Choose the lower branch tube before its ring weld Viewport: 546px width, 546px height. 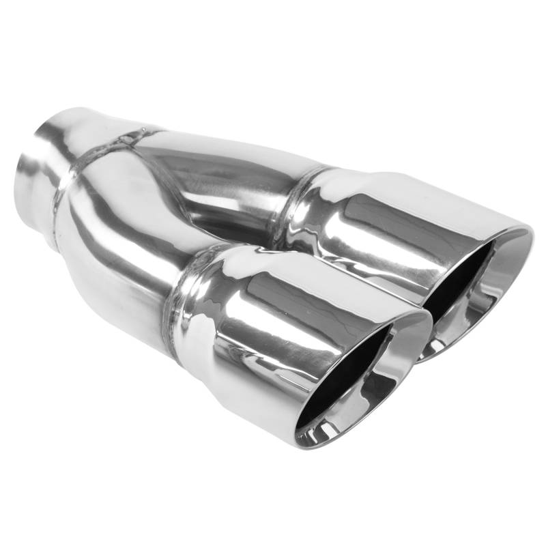pyautogui.click(x=123, y=259)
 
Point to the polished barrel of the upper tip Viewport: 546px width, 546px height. pyautogui.click(x=382, y=218)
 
